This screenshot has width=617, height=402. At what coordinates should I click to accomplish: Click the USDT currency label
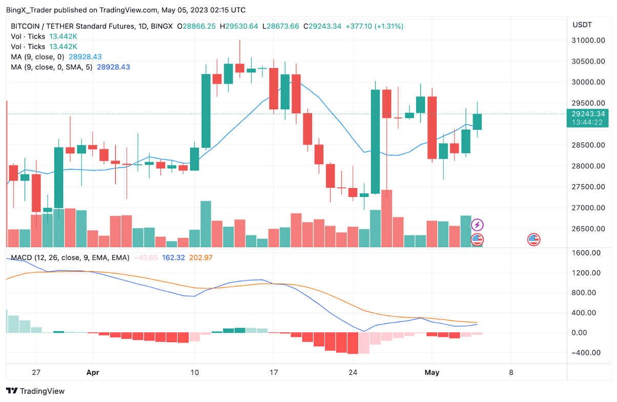582,25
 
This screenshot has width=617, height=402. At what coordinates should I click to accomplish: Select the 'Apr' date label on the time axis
92,373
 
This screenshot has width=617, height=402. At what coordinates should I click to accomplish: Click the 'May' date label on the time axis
432,373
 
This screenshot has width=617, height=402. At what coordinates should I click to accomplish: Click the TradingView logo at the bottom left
35,391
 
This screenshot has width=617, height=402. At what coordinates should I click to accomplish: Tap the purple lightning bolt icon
477,225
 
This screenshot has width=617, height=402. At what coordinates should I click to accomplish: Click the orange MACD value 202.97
200,257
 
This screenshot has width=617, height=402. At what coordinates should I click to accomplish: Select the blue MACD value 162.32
173,257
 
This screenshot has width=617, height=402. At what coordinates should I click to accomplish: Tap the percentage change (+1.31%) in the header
389,26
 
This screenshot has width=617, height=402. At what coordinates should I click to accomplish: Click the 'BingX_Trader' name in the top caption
28,10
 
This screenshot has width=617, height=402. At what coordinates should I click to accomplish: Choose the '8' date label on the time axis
510,373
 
